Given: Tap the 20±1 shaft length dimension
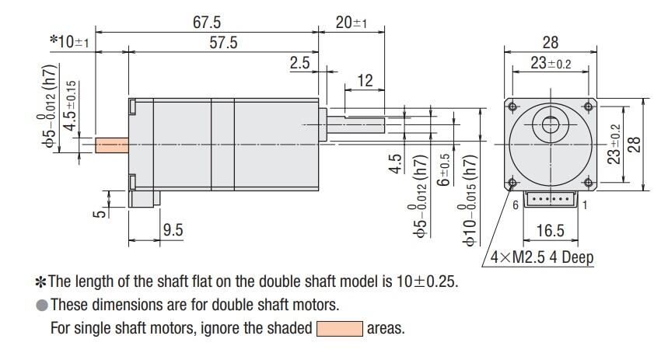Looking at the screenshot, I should [351, 23].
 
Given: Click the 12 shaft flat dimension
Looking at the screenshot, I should [365, 81].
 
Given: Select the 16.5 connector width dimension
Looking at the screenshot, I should [551, 230].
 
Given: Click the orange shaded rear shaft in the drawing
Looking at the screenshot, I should [111, 145].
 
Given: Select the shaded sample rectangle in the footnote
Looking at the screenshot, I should [339, 328].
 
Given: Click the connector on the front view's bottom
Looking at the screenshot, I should [551, 201].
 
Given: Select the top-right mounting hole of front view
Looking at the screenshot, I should [589, 106].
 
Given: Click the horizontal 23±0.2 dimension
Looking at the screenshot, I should [550, 64].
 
